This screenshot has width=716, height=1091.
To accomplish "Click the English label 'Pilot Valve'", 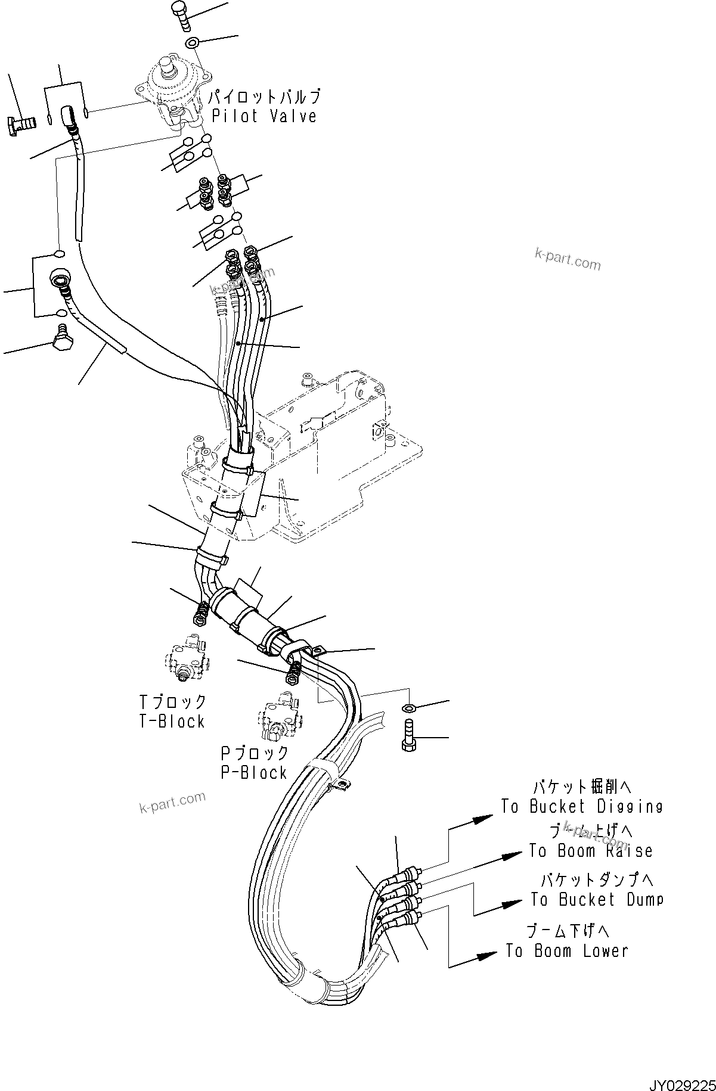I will click(x=264, y=116).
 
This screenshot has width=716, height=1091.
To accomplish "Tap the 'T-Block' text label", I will click(x=172, y=721).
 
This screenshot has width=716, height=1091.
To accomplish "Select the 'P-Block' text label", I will click(x=254, y=772).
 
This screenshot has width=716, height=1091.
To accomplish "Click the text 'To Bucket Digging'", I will click(x=581, y=807).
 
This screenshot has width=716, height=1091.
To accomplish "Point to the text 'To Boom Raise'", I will click(x=590, y=851).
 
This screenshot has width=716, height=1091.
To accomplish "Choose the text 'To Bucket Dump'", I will click(x=596, y=900).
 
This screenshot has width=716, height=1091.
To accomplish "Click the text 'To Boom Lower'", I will click(x=566, y=950).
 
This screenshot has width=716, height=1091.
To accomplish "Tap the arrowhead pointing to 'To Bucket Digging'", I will click(x=484, y=819).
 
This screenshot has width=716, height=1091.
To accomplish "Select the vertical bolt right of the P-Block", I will click(x=408, y=736).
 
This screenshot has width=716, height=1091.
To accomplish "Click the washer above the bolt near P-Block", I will click(x=410, y=708).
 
